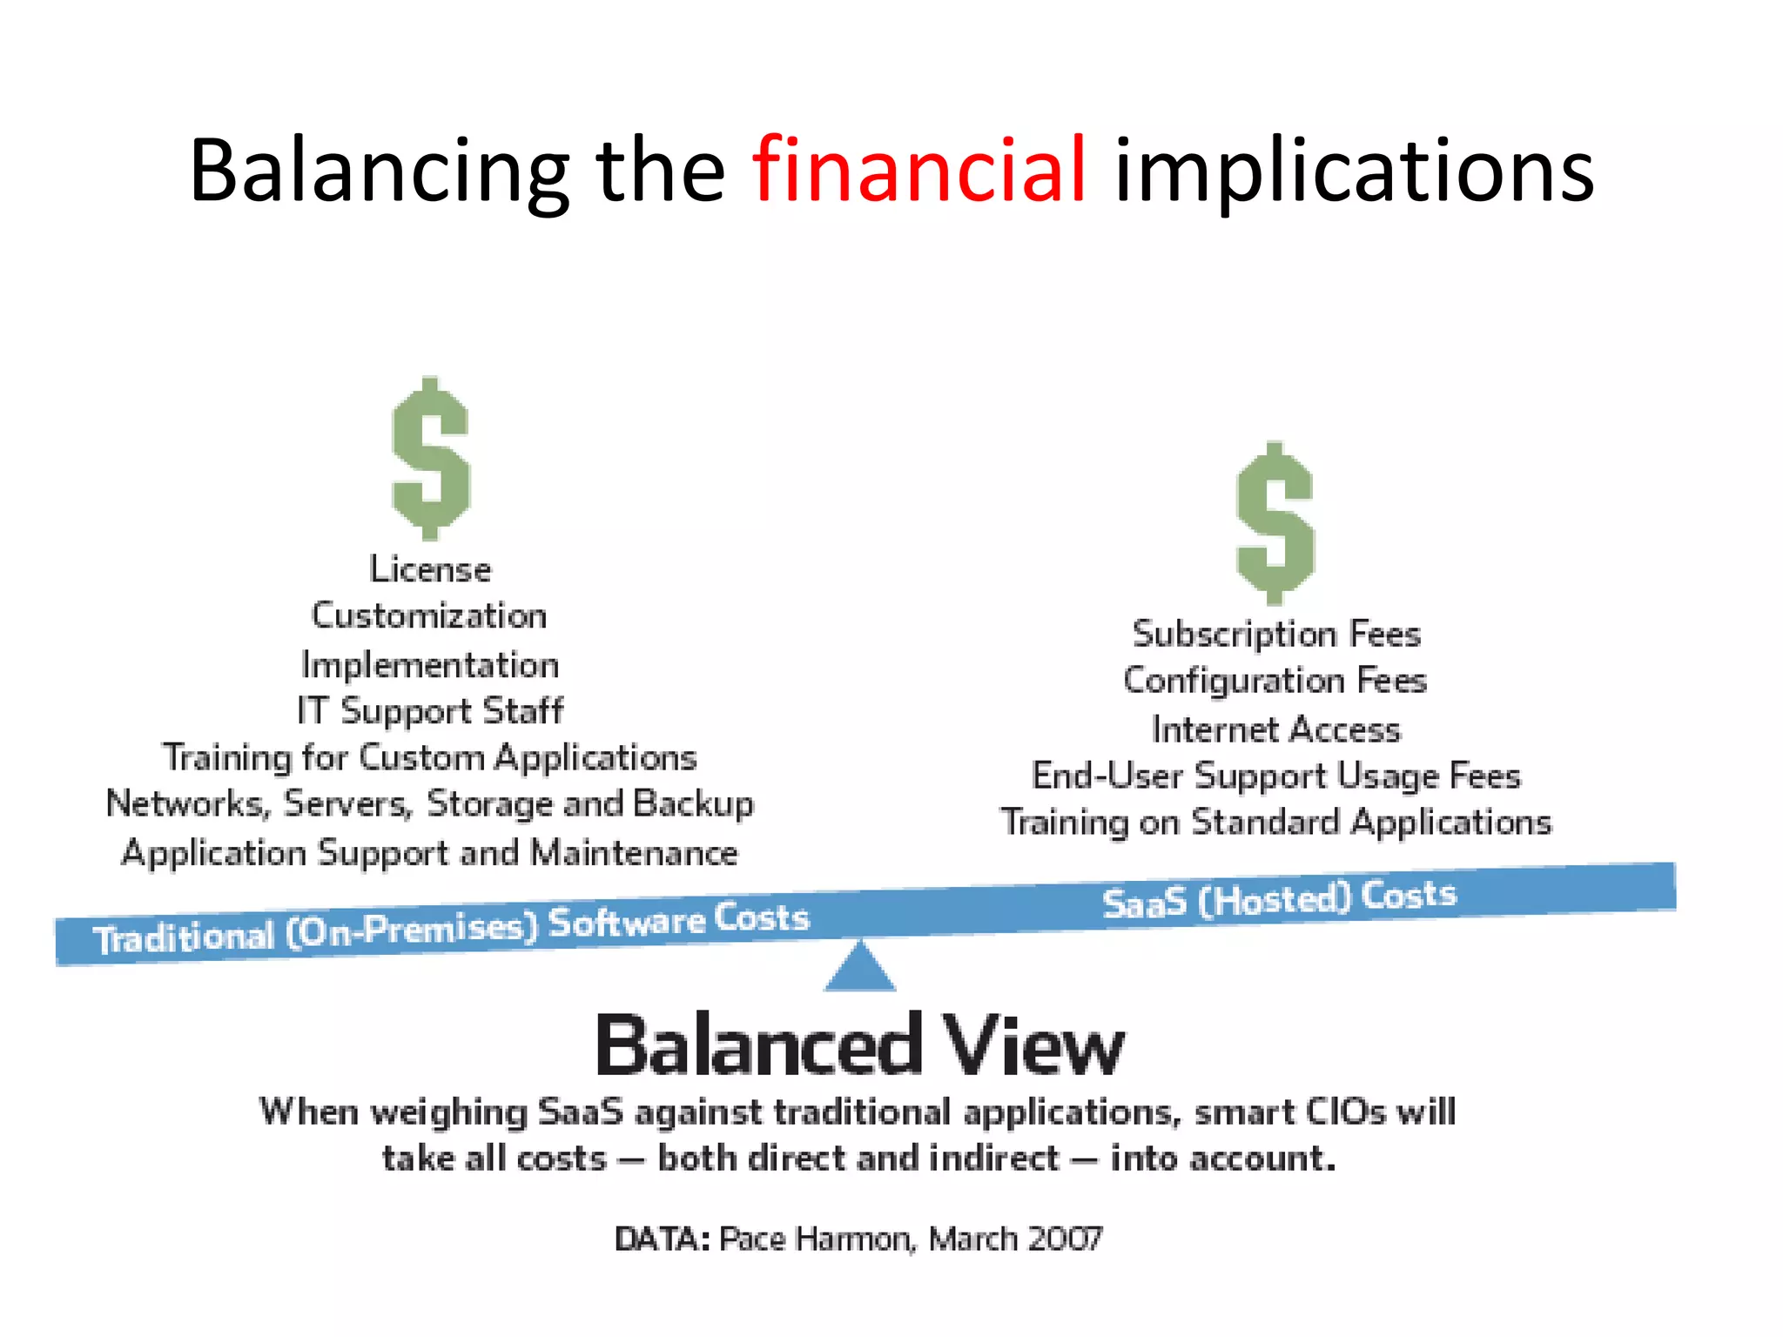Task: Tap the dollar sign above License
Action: point(430,459)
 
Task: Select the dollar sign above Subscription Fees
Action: point(1275,523)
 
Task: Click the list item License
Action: point(430,570)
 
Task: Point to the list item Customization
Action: point(429,616)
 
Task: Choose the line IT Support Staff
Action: point(430,711)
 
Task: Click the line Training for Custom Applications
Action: point(430,758)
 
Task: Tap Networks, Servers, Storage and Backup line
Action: point(430,804)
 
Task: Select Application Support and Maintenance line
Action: point(430,853)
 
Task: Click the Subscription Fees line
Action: point(1276,635)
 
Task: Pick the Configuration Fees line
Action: point(1275,681)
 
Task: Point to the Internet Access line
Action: point(1276,729)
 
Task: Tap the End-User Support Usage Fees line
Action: point(1276,776)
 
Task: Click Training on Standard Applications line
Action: point(1276,823)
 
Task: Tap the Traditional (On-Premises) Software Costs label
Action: point(451,929)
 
